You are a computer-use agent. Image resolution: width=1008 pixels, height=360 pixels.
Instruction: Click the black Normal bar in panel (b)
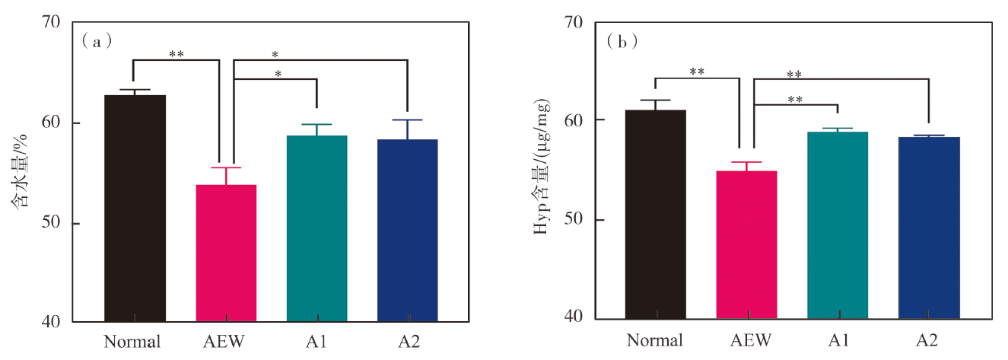[656, 214]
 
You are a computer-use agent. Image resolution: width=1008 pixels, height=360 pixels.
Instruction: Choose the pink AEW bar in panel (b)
[746, 244]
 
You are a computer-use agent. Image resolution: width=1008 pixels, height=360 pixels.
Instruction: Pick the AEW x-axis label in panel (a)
[226, 341]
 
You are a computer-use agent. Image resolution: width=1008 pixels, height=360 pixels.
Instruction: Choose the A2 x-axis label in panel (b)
[928, 339]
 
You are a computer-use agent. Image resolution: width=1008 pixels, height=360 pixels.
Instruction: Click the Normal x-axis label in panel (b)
[656, 339]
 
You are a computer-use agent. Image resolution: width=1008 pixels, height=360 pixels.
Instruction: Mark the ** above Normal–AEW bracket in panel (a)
[176, 55]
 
